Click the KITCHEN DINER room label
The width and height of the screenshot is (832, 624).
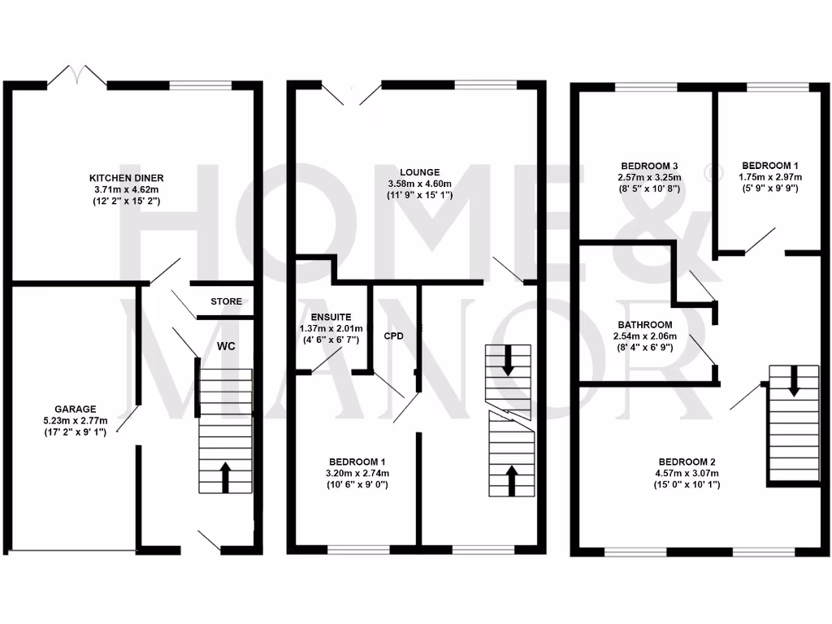[x=132, y=178]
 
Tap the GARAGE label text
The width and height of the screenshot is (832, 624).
[x=76, y=409]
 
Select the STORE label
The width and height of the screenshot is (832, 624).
[x=226, y=301]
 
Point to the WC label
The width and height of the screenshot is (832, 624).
[x=226, y=346]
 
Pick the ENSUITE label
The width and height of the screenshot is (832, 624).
[x=331, y=317]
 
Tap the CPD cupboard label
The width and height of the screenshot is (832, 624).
[x=394, y=335]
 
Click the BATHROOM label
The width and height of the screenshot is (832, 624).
[x=644, y=324]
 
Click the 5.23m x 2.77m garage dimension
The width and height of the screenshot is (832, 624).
[x=76, y=421]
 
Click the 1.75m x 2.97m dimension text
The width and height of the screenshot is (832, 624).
[x=769, y=177]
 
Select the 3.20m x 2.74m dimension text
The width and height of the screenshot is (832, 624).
[x=358, y=473]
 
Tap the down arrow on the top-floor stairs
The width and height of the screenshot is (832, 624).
[x=792, y=380]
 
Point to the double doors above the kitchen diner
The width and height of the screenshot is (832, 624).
[x=76, y=77]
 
